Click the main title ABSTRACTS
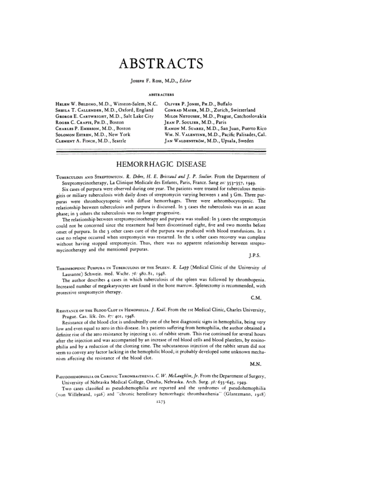(x=161, y=64)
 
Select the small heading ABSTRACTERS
(x=161, y=95)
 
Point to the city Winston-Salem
(x=129, y=104)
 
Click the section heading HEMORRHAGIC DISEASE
(x=161, y=164)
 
